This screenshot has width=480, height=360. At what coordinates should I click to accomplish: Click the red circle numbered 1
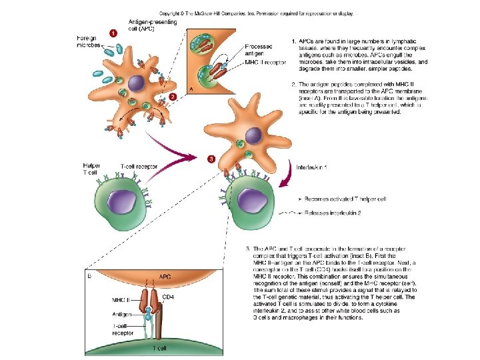tap(113, 31)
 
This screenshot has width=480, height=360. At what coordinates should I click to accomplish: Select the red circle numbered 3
tap(211, 159)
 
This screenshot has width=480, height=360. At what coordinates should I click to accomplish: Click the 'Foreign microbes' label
tap(89, 42)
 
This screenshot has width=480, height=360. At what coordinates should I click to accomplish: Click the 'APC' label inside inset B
tap(163, 275)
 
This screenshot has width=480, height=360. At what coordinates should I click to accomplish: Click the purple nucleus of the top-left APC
tap(137, 83)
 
